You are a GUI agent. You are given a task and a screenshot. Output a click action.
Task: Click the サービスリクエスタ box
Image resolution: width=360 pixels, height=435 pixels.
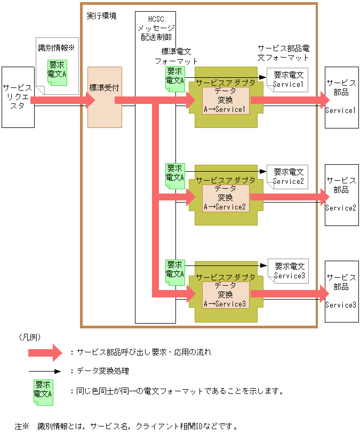[18, 97]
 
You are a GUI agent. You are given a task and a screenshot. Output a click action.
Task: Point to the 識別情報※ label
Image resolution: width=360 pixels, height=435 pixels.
[57, 47]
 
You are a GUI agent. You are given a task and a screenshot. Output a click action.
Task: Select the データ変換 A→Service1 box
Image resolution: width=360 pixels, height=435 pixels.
[225, 100]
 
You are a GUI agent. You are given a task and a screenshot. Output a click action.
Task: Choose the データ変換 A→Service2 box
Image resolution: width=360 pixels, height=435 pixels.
[225, 197]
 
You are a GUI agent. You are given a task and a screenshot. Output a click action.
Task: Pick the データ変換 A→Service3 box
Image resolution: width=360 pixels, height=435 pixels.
[225, 294]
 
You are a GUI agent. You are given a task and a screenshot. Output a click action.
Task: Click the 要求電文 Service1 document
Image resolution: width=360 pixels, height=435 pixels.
[288, 80]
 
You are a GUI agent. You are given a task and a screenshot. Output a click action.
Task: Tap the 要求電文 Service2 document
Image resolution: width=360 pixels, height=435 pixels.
[288, 176]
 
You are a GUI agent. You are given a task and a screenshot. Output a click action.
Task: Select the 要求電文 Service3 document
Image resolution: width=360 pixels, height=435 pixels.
[289, 271]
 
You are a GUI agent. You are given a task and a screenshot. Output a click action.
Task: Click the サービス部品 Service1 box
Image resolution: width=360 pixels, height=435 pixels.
[341, 97]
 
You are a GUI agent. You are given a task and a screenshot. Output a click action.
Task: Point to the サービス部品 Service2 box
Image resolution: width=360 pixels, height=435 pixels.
[341, 194]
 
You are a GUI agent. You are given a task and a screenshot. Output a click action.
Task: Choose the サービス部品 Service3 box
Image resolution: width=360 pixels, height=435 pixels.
[341, 291]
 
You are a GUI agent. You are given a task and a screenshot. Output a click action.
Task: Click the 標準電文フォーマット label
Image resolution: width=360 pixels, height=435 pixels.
[176, 56]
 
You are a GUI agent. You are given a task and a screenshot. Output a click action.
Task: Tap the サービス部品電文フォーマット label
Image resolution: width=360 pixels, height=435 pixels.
[283, 52]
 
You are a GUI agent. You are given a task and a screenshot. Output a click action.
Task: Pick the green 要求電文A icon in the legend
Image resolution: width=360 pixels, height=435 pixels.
[43, 390]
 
